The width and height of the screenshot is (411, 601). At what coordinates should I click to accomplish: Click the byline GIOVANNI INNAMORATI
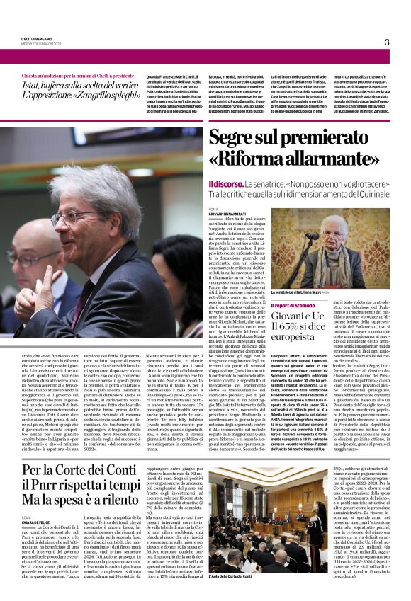click(226, 214)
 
